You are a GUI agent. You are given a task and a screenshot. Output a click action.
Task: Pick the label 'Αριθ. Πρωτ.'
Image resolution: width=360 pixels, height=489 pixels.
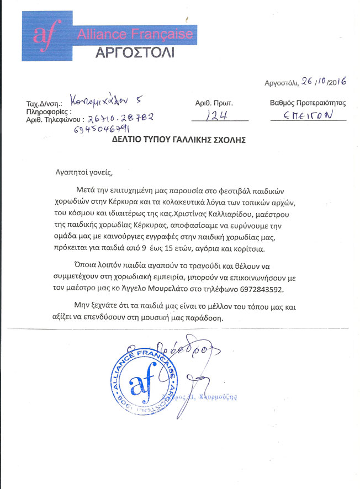click(x=215, y=103)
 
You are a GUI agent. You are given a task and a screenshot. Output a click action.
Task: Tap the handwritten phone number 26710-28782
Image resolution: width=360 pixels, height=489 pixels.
click(x=117, y=118)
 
